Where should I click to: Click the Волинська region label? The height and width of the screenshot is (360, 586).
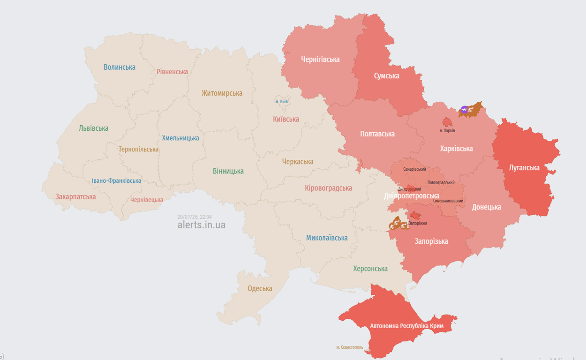click(120, 67)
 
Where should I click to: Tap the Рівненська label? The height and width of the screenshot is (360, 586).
click(172, 72)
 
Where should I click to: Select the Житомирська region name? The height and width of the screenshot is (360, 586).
click(222, 93)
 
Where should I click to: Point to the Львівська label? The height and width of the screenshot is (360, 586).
click(93, 128)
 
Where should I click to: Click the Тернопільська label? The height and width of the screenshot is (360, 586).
click(138, 150)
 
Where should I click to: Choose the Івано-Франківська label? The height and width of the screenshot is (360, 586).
click(116, 181)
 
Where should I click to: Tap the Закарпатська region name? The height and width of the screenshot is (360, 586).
click(75, 197)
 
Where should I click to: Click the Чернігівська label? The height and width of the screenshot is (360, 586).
click(320, 60)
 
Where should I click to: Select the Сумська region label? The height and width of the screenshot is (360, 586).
click(386, 76)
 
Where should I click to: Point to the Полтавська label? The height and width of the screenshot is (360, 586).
click(377, 134)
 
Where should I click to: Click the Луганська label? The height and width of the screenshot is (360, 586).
click(524, 168)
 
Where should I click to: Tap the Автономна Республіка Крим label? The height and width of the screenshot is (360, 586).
click(406, 325)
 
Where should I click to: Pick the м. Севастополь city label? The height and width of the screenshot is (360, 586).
click(350, 347)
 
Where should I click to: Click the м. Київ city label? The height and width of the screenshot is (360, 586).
click(281, 102)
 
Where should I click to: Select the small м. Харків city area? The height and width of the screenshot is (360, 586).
click(447, 122)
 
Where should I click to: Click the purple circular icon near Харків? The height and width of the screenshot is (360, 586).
click(464, 110)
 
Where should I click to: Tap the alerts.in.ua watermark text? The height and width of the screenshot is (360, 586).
click(201, 225)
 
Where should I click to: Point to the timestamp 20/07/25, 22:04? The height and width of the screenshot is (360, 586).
click(194, 217)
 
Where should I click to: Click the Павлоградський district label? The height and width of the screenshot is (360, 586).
click(441, 183)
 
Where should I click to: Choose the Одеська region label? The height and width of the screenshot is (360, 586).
click(260, 289)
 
